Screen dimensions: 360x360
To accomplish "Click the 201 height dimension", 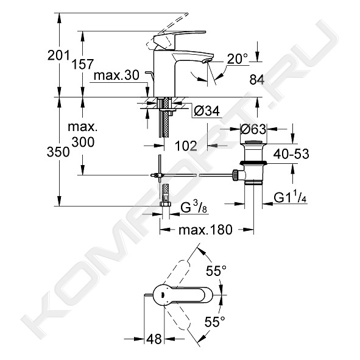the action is (58, 55).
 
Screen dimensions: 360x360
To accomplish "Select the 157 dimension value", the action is (83, 65).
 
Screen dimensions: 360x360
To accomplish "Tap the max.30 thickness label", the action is (116, 76).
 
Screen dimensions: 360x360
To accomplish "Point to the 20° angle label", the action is (238, 58).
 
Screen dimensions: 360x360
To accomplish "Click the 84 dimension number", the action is (257, 80).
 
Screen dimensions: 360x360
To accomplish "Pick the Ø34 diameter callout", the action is (206, 111).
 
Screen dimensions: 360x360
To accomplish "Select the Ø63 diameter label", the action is (253, 129).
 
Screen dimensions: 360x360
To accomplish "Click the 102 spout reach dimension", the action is (186, 146).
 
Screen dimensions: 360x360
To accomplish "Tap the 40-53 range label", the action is (291, 154).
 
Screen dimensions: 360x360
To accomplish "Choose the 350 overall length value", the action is (58, 152).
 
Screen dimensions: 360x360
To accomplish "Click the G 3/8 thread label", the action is (194, 208).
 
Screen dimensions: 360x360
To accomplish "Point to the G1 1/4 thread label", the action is (290, 198).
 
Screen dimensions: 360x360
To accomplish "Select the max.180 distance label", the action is (205, 230).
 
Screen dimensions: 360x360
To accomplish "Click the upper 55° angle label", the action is (216, 270).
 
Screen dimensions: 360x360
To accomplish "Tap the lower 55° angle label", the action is (215, 322).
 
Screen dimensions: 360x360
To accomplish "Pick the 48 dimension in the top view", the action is (154, 339).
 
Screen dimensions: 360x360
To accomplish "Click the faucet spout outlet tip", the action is (208, 61).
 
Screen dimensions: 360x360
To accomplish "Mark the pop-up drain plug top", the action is (253, 143).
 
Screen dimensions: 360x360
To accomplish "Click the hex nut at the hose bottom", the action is (164, 204).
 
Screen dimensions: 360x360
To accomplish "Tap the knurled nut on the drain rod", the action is (235, 175).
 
